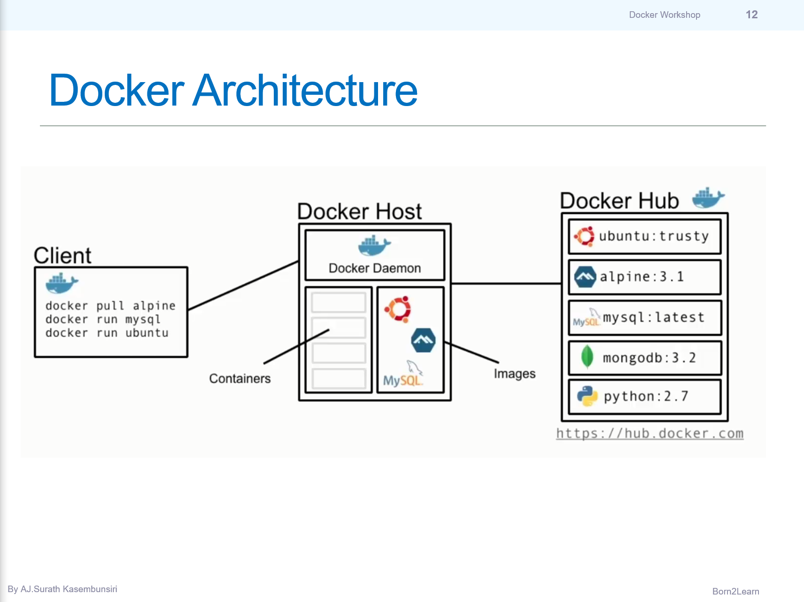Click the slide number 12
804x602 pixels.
tap(751, 15)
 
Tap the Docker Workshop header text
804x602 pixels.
tap(664, 15)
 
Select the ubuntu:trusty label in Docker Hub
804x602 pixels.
tap(654, 236)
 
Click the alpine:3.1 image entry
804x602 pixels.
tap(642, 276)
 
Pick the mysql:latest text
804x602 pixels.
tap(654, 317)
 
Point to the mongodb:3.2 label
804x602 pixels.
tap(649, 358)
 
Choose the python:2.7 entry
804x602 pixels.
tap(646, 396)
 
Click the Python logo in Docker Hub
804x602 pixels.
tap(587, 396)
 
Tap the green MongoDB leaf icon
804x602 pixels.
tap(587, 357)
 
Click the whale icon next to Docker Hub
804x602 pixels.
tap(708, 198)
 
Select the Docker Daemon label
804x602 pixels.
tap(375, 268)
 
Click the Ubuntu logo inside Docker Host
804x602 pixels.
tap(398, 309)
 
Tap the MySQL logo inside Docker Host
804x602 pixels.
tap(403, 375)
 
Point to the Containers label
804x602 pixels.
tap(240, 378)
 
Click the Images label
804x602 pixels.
tap(514, 373)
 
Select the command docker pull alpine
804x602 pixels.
tap(110, 305)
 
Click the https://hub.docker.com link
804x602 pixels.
tap(649, 433)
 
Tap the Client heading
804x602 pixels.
tap(62, 255)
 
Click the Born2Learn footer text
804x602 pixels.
tap(735, 591)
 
